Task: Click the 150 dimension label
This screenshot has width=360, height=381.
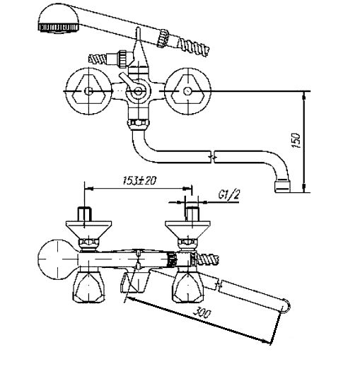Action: tap(296, 140)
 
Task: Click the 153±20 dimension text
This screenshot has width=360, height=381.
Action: tap(139, 181)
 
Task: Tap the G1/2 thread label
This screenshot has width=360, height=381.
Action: tap(229, 194)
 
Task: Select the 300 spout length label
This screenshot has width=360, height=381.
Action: tap(202, 313)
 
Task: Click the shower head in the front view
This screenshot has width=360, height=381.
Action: tap(59, 18)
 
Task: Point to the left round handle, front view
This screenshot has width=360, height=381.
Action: tap(88, 91)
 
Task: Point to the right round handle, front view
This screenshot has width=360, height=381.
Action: tap(187, 91)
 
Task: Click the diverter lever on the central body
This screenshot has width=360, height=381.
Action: tap(127, 81)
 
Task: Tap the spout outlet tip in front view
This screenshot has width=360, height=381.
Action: tap(283, 186)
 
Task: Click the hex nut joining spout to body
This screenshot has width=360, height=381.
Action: tap(139, 124)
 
